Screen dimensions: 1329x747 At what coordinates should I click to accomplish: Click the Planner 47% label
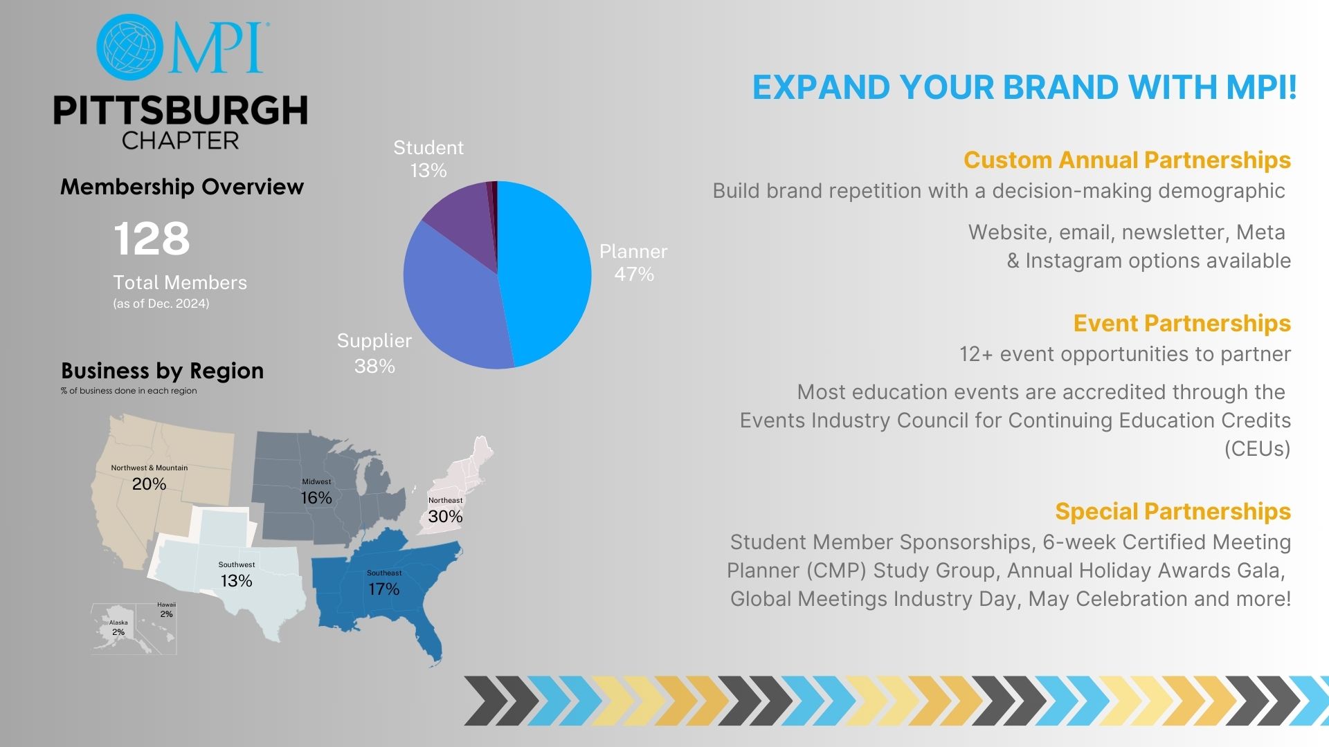coord(633,263)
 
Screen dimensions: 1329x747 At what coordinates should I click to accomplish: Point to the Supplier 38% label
coord(374,353)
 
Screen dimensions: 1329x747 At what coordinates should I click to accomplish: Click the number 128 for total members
coord(152,239)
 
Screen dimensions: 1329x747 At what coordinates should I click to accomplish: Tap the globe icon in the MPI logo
coord(130,46)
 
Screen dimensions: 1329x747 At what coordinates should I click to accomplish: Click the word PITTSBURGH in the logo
coord(181,111)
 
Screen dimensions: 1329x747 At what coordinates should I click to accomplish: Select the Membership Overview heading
coord(182,187)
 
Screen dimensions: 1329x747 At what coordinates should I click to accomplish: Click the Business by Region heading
coord(163,371)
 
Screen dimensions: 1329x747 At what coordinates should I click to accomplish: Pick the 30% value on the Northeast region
coord(445,517)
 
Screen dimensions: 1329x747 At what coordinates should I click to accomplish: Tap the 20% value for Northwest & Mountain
coord(149,484)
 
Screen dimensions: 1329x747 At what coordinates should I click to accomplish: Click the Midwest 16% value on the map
coord(316,498)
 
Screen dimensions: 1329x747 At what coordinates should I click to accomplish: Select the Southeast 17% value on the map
coord(383,589)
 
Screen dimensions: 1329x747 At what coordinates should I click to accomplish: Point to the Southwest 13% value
coord(236,581)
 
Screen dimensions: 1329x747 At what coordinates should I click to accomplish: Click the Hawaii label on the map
coord(166,605)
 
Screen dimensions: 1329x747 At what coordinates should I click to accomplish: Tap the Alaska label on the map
coord(118,622)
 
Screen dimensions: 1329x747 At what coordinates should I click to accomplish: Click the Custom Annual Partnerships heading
coord(1127,160)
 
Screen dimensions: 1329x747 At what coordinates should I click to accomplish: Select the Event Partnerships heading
coord(1182,324)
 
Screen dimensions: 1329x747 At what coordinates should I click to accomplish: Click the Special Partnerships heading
coord(1173,512)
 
